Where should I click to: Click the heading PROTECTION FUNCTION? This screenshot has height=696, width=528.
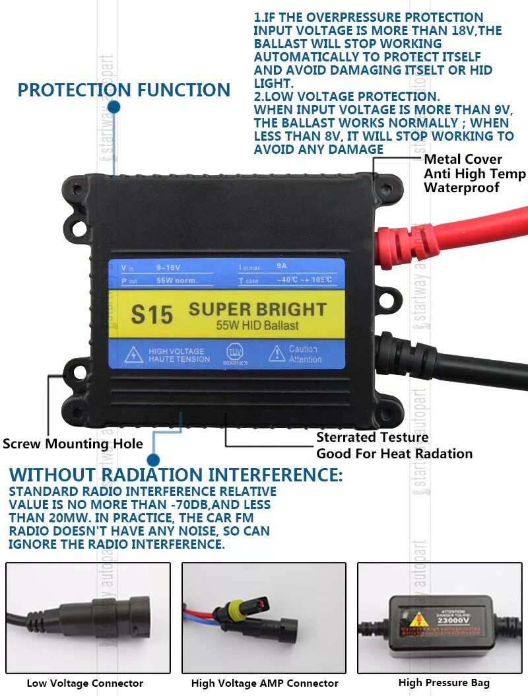(x=123, y=90)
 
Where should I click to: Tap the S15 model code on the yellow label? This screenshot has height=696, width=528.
(x=151, y=314)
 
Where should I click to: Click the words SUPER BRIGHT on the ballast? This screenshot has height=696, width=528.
(x=257, y=309)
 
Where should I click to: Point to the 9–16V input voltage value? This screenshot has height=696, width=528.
(x=168, y=268)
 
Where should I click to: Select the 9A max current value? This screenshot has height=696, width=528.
(x=282, y=267)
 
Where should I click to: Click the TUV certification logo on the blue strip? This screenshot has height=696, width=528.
(x=235, y=351)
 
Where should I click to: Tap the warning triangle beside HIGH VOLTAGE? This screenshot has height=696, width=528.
(x=134, y=355)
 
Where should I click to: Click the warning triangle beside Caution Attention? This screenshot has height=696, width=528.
(x=277, y=355)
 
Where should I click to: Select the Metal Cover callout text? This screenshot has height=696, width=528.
(x=463, y=159)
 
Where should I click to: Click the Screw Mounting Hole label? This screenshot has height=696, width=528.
(x=73, y=444)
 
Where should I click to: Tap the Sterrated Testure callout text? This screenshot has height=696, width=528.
(x=372, y=437)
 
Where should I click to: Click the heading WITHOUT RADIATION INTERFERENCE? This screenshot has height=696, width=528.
(x=176, y=475)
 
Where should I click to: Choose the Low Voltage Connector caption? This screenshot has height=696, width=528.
(x=85, y=683)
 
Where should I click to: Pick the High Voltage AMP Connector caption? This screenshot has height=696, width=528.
(x=265, y=683)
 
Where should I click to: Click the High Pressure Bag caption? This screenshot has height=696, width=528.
(x=444, y=683)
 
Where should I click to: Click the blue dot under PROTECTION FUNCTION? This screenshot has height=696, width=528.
(x=114, y=106)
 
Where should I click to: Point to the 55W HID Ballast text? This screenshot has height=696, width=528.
(x=257, y=326)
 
